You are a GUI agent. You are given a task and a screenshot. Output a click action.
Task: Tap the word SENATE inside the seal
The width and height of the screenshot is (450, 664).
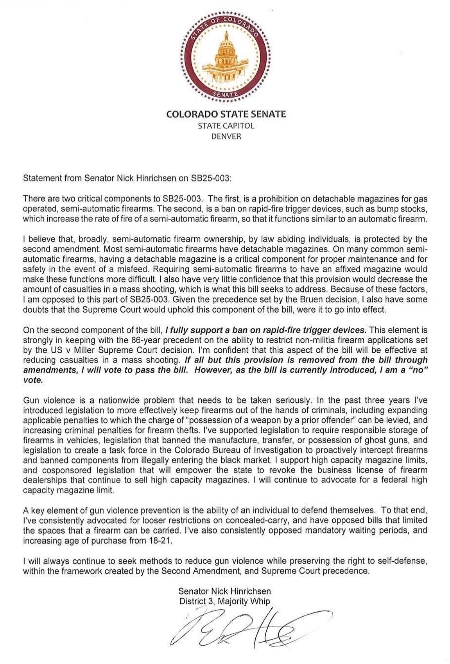click(226, 94)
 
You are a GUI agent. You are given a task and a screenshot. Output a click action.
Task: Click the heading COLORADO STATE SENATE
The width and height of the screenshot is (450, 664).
click(226, 114)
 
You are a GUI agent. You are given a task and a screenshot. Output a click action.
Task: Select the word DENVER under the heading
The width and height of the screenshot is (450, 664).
click(226, 136)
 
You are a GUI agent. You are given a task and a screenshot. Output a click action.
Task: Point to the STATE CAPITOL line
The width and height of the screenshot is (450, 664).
click(226, 126)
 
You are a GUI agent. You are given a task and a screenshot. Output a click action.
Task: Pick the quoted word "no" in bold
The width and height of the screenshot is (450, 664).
click(417, 369)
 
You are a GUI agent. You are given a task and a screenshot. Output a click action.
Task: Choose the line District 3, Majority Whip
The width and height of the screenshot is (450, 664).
click(224, 602)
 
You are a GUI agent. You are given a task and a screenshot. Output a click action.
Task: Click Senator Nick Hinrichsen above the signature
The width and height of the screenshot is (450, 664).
click(224, 591)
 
